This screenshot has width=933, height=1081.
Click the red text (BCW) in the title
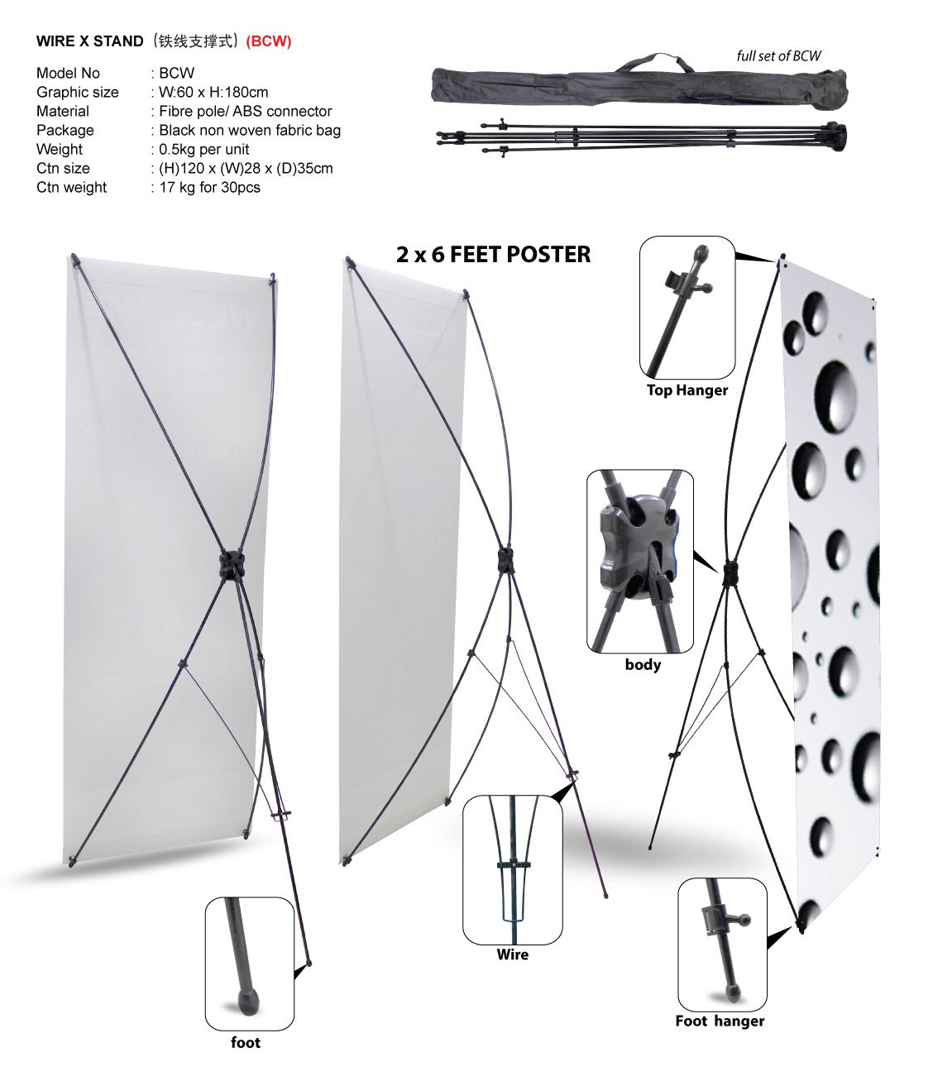click(268, 41)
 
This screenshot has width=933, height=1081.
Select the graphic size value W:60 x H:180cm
click(213, 92)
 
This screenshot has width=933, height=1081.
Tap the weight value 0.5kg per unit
click(204, 149)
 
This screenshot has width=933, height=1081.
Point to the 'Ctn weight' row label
click(72, 187)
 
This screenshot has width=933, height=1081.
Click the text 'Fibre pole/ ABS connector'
click(246, 111)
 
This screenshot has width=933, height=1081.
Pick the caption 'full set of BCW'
click(778, 56)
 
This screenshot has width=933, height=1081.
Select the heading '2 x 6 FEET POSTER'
click(493, 255)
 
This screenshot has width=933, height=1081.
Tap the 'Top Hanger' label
click(687, 390)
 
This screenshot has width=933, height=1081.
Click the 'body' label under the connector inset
click(643, 665)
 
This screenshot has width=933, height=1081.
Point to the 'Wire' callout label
click(513, 954)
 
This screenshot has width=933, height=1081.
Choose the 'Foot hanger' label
click(720, 1021)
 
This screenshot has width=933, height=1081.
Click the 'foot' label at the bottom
click(246, 1042)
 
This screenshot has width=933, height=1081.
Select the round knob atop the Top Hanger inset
click(701, 254)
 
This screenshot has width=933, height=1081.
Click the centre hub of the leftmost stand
click(231, 564)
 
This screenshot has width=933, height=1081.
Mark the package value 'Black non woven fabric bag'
click(250, 130)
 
